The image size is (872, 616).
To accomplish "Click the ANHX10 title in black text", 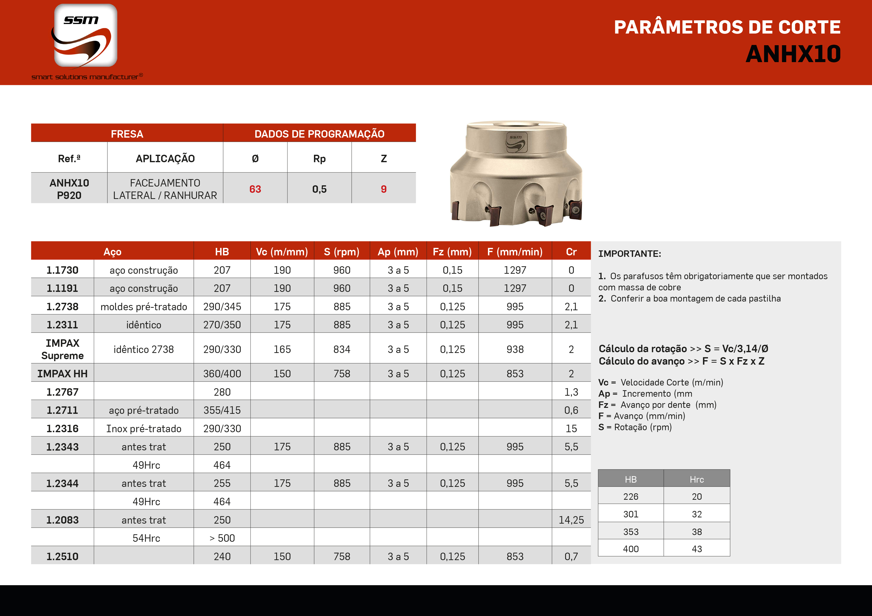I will point(793,54).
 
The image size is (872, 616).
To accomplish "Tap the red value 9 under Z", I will point(384,189).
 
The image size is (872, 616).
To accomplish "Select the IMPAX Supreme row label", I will point(62,349).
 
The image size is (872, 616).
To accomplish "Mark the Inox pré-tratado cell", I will point(144,428).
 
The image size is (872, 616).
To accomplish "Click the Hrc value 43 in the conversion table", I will point(697,549).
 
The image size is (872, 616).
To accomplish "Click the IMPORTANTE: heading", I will point(629,254).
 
